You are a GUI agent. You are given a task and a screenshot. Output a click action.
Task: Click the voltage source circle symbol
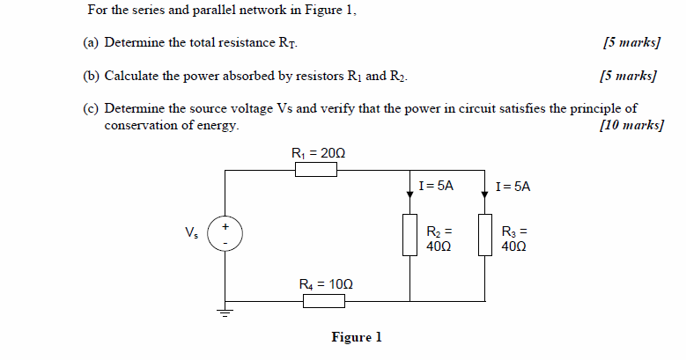(x=225, y=234)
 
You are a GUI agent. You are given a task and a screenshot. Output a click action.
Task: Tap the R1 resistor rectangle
(x=316, y=169)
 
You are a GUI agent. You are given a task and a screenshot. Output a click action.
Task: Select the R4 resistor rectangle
(x=324, y=301)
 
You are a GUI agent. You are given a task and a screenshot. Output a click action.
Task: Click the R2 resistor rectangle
(x=410, y=235)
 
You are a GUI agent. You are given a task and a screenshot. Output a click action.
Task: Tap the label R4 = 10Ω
(x=325, y=284)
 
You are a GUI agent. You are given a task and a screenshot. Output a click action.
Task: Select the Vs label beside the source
(x=191, y=233)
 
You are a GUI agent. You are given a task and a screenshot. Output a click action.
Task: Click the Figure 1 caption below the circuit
(x=356, y=338)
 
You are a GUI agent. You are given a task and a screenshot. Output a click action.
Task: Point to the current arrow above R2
(x=410, y=190)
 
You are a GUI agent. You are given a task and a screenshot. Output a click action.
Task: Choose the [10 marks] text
(x=631, y=125)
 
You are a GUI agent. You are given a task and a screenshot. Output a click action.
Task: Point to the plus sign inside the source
(x=225, y=226)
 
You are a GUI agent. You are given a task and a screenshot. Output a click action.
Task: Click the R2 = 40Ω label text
(x=439, y=239)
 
